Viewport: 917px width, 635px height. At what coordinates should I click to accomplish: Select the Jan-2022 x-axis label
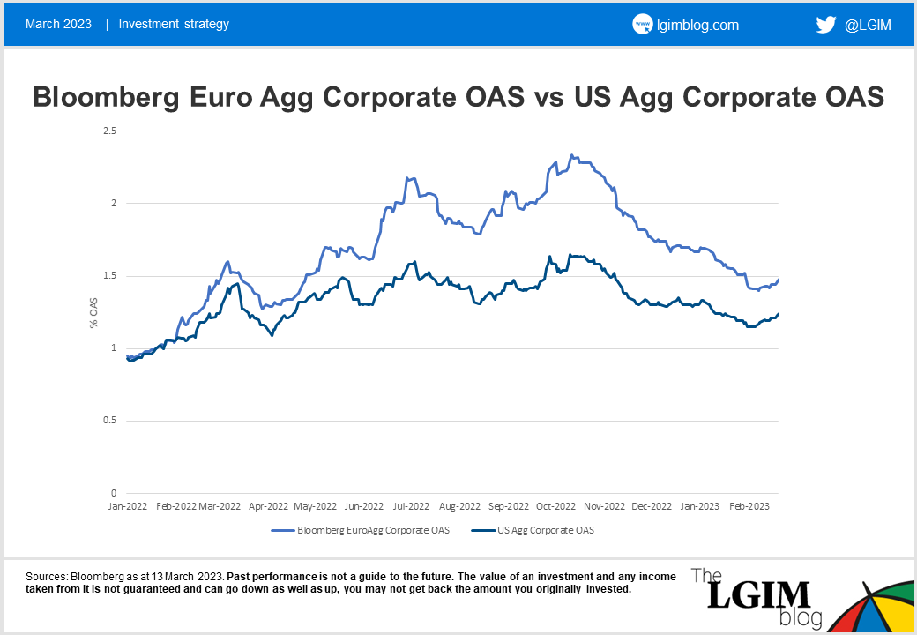129,507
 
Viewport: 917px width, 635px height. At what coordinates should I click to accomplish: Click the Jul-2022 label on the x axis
411,507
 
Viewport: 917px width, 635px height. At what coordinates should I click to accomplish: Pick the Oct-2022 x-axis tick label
555,507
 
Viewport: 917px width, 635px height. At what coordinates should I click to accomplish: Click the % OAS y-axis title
93,313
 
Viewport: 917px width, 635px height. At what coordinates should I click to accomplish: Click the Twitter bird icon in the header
826,25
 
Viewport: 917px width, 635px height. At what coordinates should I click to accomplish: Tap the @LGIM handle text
868,25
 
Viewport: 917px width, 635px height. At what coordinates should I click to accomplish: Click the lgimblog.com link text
697,25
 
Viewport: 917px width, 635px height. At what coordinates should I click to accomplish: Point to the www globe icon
642,25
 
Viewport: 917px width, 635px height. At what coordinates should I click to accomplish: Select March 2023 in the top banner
58,24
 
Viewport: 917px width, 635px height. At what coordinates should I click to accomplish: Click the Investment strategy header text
174,24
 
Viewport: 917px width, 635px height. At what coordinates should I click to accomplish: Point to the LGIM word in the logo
749,595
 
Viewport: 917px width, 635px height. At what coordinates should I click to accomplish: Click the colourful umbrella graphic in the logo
869,609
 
